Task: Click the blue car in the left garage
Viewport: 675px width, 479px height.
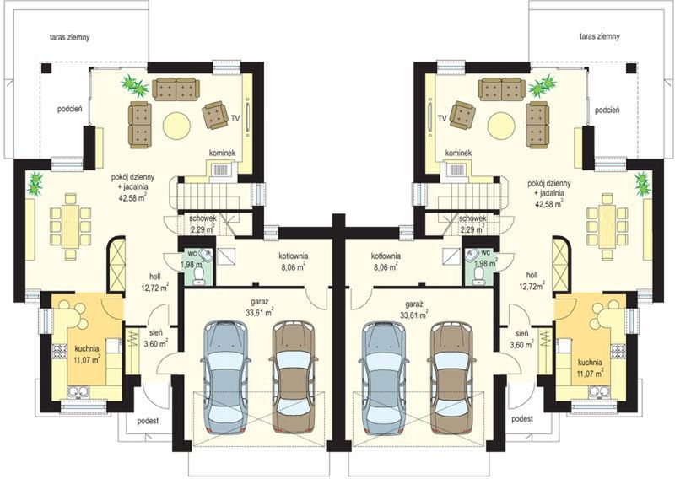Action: [224, 377]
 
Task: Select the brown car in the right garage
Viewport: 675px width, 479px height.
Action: [451, 377]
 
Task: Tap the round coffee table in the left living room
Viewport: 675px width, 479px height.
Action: [176, 126]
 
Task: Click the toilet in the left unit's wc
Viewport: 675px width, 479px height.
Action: [199, 276]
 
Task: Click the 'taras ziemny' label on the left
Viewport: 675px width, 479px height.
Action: [69, 37]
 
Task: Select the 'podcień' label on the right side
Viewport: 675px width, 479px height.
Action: [607, 110]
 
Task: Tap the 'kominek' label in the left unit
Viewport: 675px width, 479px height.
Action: [222, 153]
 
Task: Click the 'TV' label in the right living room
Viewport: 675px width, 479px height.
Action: [441, 118]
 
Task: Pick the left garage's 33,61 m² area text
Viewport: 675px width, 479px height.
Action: [260, 313]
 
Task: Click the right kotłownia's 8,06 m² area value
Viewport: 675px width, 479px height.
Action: [386, 267]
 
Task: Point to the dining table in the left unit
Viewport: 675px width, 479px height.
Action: [70, 226]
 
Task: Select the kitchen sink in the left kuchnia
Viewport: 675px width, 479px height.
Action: [78, 391]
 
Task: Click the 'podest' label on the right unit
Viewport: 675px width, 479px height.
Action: [522, 418]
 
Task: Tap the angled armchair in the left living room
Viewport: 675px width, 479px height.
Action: [215, 115]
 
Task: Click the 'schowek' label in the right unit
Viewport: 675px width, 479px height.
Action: [472, 218]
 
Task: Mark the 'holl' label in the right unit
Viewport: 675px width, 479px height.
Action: [532, 275]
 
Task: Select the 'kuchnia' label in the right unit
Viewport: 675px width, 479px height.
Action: [590, 363]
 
